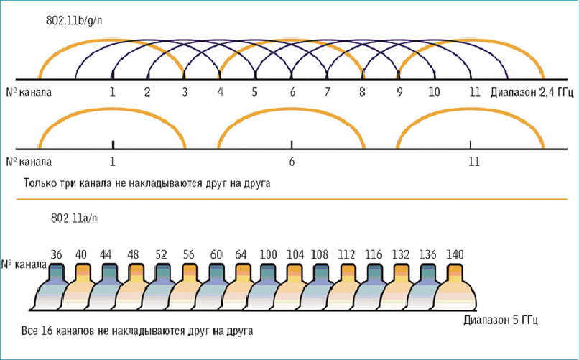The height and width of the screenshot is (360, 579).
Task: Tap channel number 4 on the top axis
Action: point(220,92)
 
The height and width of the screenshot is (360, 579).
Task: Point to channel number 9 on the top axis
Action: point(399,92)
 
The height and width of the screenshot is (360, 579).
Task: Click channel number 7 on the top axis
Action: point(327,92)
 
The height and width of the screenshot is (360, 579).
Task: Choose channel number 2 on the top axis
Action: point(147,92)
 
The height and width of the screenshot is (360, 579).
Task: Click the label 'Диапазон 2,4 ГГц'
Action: point(532,92)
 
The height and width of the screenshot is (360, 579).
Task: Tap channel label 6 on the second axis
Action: point(292,162)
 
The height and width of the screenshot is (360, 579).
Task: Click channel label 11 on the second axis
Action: point(473,162)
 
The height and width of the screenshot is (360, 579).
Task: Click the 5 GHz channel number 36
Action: point(57,254)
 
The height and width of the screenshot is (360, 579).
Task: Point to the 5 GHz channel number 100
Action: point(269,254)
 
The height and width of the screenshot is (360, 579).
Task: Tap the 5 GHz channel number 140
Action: point(455,254)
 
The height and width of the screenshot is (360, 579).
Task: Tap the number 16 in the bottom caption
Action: point(47,331)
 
